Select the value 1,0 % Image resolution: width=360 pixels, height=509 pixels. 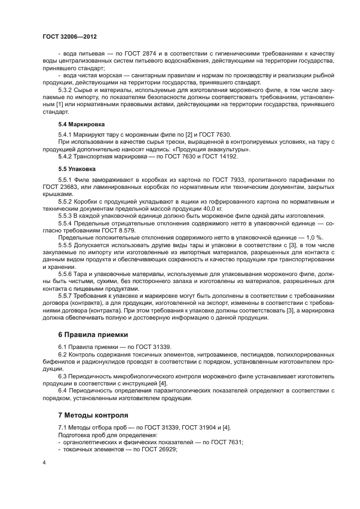point(311,237)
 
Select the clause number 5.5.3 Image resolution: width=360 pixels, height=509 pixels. point(66,216)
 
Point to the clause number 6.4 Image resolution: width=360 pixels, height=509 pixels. point(63,390)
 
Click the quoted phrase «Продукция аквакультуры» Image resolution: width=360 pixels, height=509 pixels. point(213,149)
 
